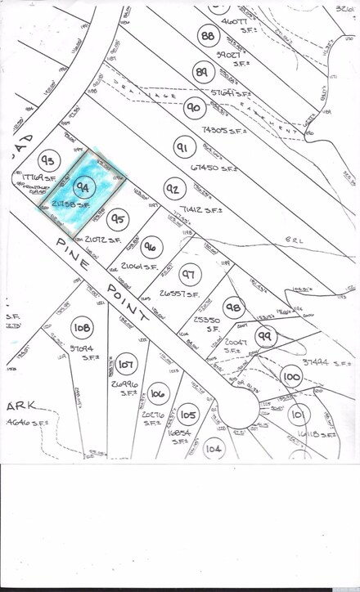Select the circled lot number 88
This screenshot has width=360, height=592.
[209, 36]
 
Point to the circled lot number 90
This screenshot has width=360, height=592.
[194, 107]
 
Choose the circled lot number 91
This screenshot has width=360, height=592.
[182, 147]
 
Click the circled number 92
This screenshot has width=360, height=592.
[173, 190]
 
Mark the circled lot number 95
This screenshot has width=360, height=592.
[119, 219]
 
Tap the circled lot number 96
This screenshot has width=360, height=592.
[151, 245]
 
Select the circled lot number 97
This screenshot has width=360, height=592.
[189, 275]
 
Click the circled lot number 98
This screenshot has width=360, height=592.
[233, 307]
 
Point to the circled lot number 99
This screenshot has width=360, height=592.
[264, 335]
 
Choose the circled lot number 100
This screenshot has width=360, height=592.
[290, 377]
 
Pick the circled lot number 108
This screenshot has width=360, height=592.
[82, 328]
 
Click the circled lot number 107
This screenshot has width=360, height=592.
[126, 362]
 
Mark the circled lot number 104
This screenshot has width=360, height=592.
[214, 447]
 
